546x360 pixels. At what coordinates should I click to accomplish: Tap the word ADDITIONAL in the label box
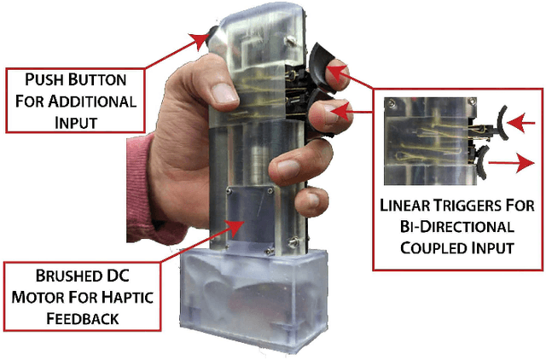click(92, 102)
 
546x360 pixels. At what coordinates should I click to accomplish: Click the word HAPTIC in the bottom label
click(127, 298)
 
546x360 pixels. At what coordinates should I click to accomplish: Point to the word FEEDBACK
click(83, 319)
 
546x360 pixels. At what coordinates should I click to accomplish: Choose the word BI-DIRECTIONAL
click(457, 227)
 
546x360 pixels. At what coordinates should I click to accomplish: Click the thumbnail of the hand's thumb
click(224, 93)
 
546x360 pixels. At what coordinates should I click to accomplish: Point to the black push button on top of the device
click(212, 37)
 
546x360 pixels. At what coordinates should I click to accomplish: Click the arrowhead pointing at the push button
click(199, 41)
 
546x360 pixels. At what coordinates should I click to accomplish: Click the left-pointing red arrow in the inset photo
click(521, 123)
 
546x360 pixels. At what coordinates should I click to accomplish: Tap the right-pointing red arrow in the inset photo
click(511, 163)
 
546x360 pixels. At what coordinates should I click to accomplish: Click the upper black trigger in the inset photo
click(502, 123)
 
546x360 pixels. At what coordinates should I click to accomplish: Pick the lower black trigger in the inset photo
click(481, 162)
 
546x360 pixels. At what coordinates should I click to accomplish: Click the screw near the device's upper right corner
click(290, 41)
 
